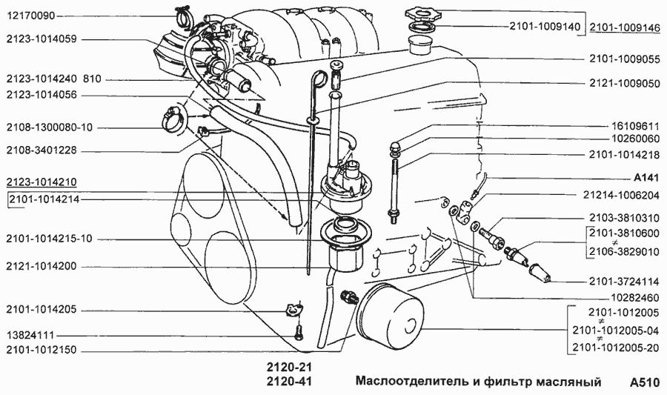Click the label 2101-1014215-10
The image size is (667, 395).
tap(49, 239)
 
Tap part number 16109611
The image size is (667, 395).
tap(634, 126)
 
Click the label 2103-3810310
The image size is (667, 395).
tap(624, 219)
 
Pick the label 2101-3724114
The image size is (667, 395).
tap(624, 282)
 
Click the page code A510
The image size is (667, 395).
tap(643, 383)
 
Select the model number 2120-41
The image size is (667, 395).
tap(288, 382)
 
